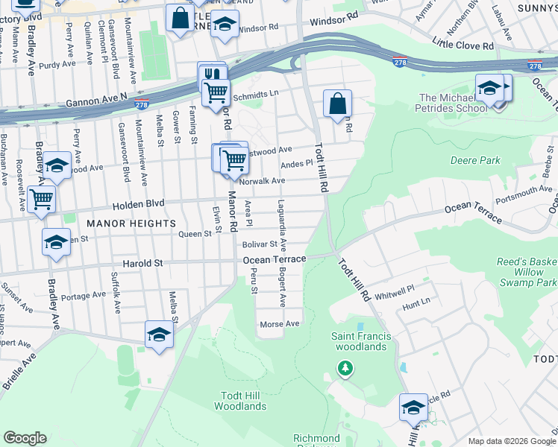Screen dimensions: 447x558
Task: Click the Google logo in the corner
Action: pyautogui.click(x=25, y=437)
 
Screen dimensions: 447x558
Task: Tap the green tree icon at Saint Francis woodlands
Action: pyautogui.click(x=344, y=367)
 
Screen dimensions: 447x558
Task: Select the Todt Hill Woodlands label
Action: pyautogui.click(x=239, y=401)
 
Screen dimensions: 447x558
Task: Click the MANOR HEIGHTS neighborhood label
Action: pyautogui.click(x=131, y=223)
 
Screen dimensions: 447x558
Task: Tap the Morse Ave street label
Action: pyautogui.click(x=279, y=324)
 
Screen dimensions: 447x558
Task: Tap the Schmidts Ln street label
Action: pyautogui.click(x=255, y=96)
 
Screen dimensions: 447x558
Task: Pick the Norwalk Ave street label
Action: pyautogui.click(x=262, y=181)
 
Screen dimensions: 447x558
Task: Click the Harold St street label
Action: pyautogui.click(x=142, y=264)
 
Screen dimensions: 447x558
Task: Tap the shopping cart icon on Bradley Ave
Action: pyautogui.click(x=41, y=199)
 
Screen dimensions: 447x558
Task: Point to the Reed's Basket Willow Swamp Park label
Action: pyautogui.click(x=527, y=272)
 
